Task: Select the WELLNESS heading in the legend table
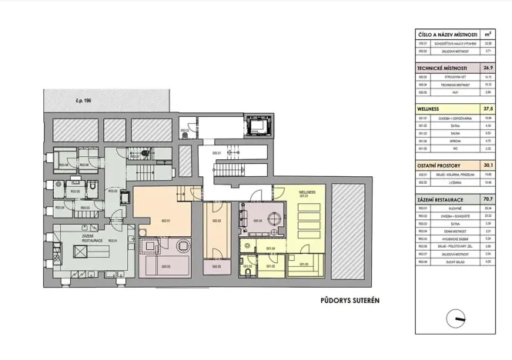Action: (x=430, y=109)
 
